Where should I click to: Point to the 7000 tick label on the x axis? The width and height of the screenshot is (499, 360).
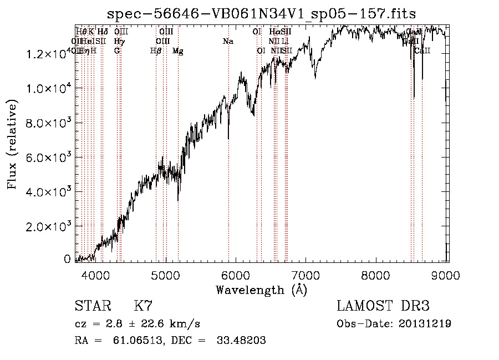[307, 276]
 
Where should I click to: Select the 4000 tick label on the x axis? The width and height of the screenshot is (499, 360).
[95, 276]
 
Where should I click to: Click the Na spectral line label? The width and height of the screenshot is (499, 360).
[227, 41]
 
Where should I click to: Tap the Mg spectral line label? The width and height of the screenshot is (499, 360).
[177, 51]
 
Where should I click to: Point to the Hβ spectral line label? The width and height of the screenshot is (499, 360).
[156, 51]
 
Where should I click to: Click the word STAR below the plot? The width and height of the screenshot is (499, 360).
[91, 306]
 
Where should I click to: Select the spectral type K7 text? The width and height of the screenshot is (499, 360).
[143, 306]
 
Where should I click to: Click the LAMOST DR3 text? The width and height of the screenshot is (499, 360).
[383, 306]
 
